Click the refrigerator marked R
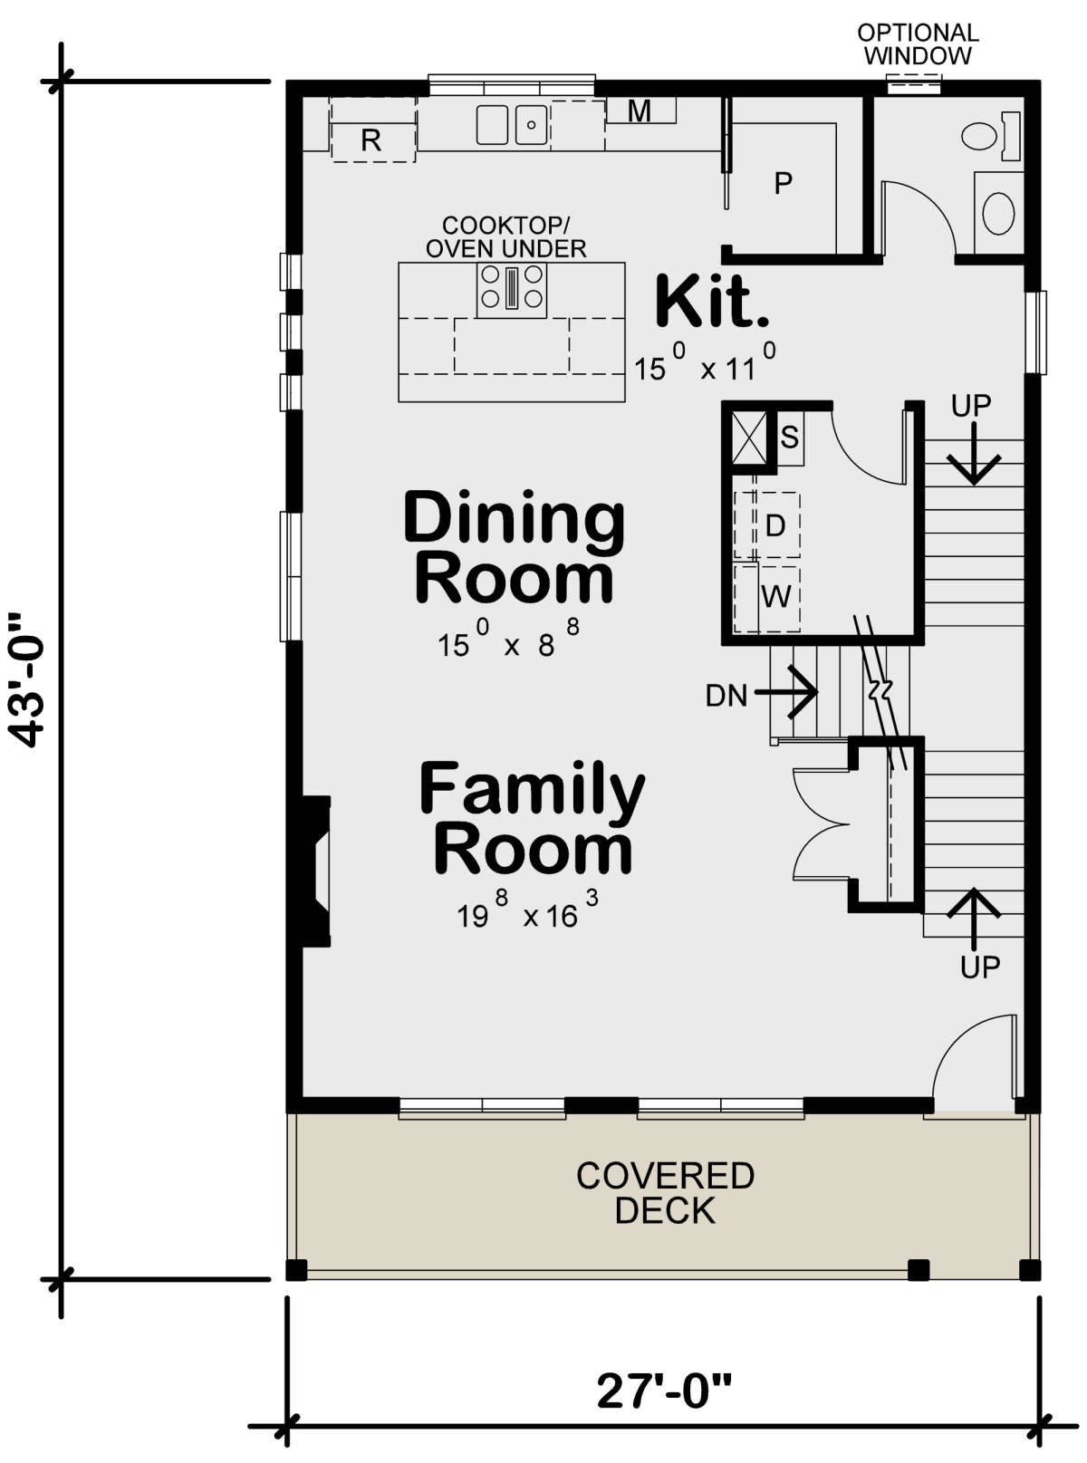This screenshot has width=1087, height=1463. point(372,130)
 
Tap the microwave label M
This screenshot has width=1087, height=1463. point(640,111)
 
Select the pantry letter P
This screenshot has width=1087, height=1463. point(783,183)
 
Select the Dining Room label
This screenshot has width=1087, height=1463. point(514,547)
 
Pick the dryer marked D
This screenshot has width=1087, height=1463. point(775,525)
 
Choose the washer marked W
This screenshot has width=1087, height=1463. point(776,597)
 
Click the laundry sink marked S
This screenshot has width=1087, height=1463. point(789,438)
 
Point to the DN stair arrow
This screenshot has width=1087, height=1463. point(786,692)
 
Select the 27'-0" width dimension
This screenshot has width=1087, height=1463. point(664,1390)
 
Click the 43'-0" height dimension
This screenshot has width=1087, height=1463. point(28,680)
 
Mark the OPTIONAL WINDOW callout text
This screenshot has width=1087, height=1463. point(918,44)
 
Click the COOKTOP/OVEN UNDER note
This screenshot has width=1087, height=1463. point(505,236)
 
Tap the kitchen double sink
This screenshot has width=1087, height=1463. point(512,124)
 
